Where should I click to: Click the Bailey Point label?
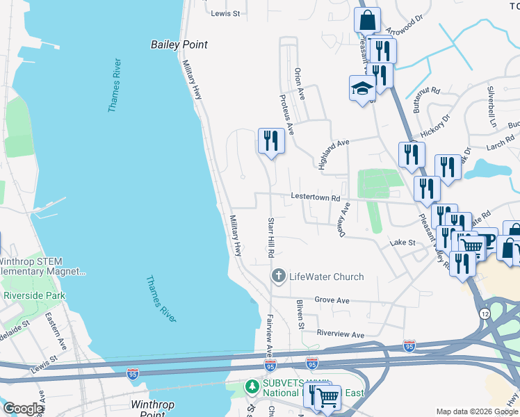[179, 44]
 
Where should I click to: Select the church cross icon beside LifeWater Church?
[278, 277]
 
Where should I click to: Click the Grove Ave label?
[332, 300]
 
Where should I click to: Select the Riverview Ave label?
[340, 334]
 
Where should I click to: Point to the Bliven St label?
[300, 313]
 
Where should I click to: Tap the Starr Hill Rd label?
[270, 237]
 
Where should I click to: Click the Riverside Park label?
[34, 295]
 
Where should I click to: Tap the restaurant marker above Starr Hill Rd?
[270, 141]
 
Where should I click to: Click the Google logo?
[22, 409]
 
